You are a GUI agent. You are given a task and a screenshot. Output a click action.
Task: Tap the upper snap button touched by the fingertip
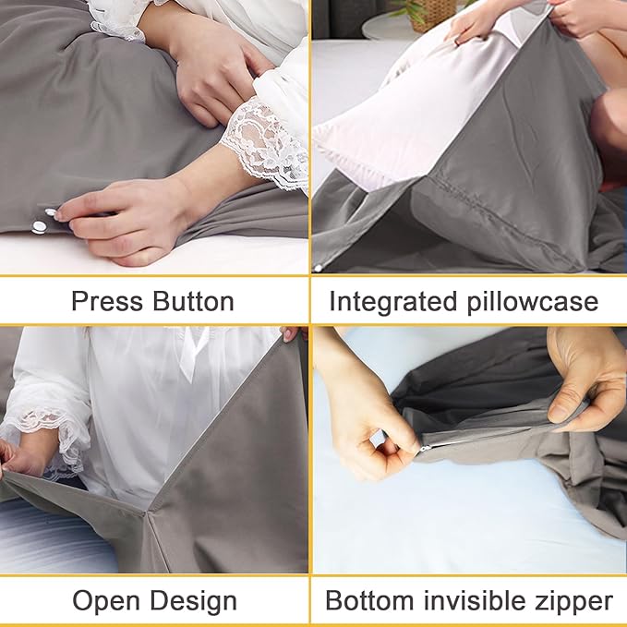[x=49, y=214]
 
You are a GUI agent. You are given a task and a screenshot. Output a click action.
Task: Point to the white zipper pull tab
[x=426, y=446]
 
